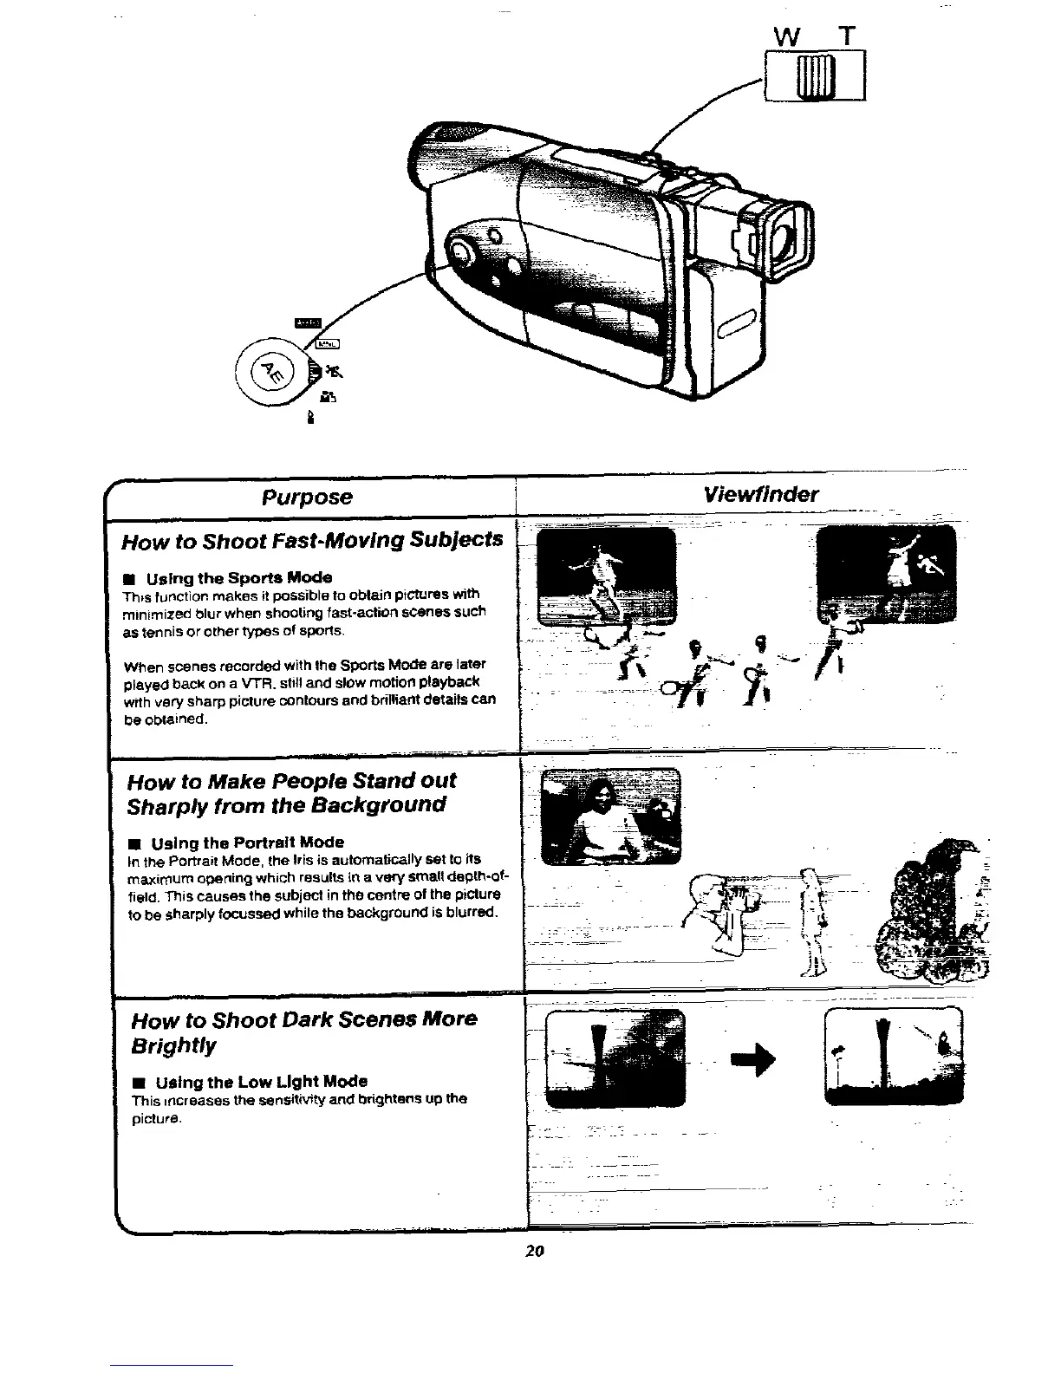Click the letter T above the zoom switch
coord(847,37)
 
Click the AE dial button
coord(270,371)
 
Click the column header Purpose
coord(308,497)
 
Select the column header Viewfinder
coord(760,494)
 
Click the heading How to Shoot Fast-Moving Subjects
coord(312,541)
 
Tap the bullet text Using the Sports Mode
coord(239,577)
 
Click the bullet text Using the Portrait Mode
coord(247,843)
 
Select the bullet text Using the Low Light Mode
coord(261,1081)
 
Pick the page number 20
coord(533,1251)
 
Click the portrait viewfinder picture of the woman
coord(610,817)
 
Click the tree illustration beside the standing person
coord(935,910)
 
